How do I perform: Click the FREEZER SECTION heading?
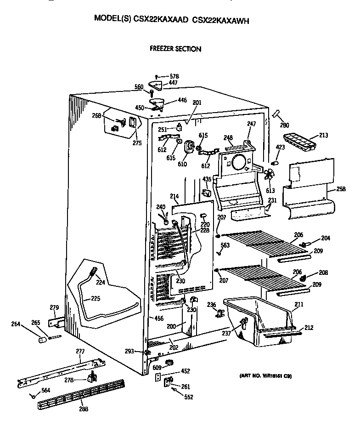pos(175,48)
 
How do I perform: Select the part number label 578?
pos(174,76)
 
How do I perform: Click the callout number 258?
pos(341,188)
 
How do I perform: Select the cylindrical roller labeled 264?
pos(43,340)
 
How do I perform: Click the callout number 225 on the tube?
pos(95,298)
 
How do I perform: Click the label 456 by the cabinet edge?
pos(159,318)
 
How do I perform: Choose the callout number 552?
pos(189,397)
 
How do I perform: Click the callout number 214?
pos(174,197)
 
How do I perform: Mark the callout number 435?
pos(207,179)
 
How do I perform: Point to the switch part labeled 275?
pos(133,123)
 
